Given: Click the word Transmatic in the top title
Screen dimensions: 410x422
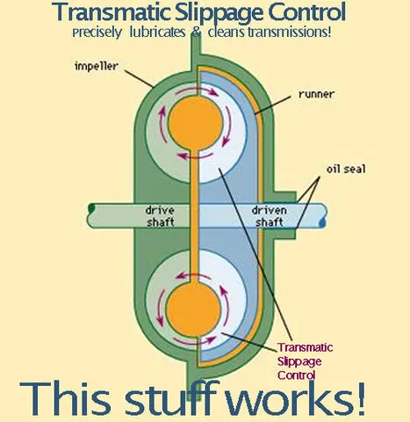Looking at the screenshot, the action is [111, 11].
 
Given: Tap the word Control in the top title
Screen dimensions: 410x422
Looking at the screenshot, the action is [307, 11].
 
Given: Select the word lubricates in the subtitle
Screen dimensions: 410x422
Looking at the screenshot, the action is [157, 32].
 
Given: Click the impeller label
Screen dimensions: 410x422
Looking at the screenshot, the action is [97, 66].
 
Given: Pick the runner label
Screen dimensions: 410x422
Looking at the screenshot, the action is [316, 94].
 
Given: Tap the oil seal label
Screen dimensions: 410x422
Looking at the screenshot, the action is [346, 169].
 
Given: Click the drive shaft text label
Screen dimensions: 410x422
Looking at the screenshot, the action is [160, 216].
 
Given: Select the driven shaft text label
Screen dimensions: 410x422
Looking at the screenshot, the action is [270, 216].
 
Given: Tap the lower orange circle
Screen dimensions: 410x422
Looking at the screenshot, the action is [193, 309].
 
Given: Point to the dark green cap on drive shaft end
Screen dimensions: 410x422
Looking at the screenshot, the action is [91, 208].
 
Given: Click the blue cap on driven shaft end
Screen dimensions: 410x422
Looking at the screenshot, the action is [322, 222].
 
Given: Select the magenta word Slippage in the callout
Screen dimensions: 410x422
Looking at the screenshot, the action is [299, 361].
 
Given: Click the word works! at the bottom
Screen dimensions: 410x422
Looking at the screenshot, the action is [296, 398].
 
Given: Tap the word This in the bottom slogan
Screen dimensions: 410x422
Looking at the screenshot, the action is [65, 398].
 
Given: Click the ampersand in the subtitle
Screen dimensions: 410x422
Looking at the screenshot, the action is [196, 32].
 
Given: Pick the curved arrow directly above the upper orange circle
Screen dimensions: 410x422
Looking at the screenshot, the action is [197, 91].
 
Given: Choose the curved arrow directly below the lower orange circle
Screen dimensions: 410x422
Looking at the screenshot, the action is [195, 341].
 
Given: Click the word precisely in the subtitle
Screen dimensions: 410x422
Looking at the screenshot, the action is [97, 33].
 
